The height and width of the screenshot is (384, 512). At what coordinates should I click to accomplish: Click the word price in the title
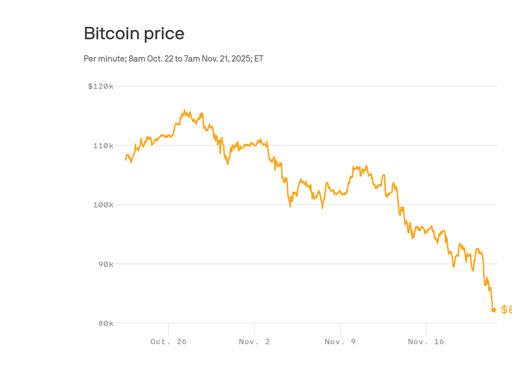click(164, 34)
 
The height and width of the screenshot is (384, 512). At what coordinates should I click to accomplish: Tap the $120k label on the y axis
click(101, 86)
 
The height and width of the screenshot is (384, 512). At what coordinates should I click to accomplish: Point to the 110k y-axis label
click(103, 146)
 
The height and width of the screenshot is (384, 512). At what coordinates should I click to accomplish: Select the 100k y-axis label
click(103, 205)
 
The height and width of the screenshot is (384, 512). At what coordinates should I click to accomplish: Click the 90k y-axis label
click(106, 264)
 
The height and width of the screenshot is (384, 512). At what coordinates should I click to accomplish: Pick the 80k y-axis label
click(106, 324)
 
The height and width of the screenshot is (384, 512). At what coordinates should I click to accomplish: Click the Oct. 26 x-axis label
click(168, 342)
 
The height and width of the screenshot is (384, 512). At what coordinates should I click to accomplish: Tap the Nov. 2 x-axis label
click(254, 342)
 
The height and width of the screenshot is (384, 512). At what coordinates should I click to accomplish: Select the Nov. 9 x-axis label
click(340, 342)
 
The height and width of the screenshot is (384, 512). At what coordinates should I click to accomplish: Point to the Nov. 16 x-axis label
click(426, 342)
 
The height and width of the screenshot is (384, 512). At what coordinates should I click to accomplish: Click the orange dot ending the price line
click(494, 310)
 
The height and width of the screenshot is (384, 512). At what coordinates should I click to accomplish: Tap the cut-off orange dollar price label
click(506, 310)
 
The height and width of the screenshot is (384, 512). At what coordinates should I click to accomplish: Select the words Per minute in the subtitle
click(105, 59)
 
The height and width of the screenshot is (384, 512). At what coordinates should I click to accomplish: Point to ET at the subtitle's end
click(259, 59)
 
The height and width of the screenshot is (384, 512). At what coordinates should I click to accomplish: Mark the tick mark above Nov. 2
click(254, 329)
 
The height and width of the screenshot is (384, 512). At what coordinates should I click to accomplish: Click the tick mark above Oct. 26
click(169, 329)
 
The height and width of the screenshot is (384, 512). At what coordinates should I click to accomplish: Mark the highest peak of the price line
click(184, 110)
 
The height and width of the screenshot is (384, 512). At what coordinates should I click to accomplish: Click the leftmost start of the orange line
click(126, 160)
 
